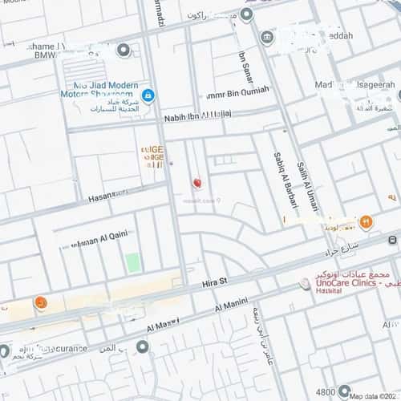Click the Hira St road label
pos(213,282)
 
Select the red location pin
pos(197,184)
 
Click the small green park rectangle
pos(132,262)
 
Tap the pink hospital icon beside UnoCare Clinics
pos(304,283)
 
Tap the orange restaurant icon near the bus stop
pos(366,221)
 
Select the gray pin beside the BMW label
pos(123,50)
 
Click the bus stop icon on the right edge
pos(392,240)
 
